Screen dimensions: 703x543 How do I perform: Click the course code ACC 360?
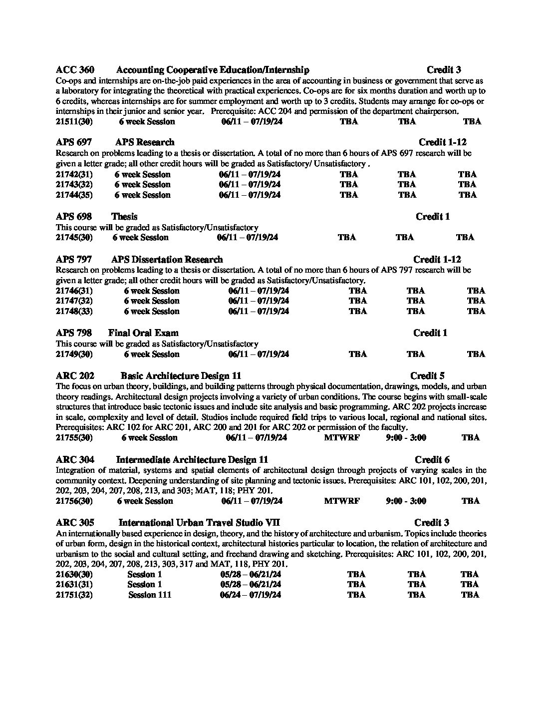click(x=75, y=70)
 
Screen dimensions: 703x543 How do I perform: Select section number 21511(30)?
click(x=74, y=121)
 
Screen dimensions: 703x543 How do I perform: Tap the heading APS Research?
click(x=145, y=142)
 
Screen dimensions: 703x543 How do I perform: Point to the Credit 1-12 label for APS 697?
click(x=442, y=142)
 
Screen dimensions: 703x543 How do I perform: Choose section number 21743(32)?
click(x=74, y=184)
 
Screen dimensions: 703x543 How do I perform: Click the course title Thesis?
click(x=124, y=216)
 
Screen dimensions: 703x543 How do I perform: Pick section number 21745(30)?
click(x=74, y=237)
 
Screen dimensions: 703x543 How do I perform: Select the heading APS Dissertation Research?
click(x=167, y=259)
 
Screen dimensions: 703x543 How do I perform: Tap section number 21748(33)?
click(x=74, y=311)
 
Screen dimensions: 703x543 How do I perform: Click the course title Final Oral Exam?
click(x=143, y=333)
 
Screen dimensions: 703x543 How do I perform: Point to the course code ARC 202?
click(x=75, y=375)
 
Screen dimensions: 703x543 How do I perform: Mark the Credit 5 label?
click(x=427, y=375)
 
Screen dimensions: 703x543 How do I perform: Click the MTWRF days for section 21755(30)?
click(x=341, y=437)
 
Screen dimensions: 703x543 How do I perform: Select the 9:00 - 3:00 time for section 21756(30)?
click(x=406, y=501)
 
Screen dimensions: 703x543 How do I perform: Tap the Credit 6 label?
click(x=432, y=459)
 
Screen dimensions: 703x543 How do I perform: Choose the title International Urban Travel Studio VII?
click(x=199, y=522)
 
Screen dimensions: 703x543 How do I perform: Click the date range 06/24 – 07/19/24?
click(x=250, y=595)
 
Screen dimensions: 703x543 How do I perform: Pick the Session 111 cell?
click(x=149, y=595)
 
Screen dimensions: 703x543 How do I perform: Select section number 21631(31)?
click(x=74, y=584)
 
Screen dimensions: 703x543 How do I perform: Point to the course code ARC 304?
click(x=75, y=459)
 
